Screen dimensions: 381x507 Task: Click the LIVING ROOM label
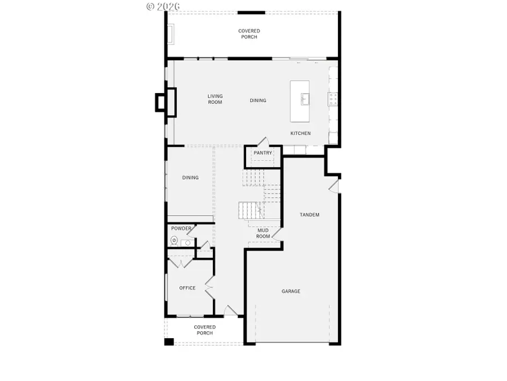click(215, 99)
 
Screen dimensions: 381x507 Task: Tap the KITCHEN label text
click(300, 133)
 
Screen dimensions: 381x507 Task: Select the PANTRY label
click(263, 153)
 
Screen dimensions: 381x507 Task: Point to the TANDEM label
click(309, 214)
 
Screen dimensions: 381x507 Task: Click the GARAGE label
click(291, 291)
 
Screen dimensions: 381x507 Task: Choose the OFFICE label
click(187, 288)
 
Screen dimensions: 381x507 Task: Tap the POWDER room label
click(181, 229)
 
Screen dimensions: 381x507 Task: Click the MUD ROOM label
click(263, 233)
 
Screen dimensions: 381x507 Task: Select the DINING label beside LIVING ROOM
click(258, 100)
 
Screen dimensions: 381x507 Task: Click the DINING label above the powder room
click(190, 178)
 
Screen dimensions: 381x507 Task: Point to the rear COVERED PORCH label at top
click(248, 34)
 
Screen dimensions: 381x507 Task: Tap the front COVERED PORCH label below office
click(204, 330)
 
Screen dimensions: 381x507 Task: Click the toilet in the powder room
click(174, 242)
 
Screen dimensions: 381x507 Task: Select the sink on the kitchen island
click(305, 99)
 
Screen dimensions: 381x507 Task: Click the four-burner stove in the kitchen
click(332, 100)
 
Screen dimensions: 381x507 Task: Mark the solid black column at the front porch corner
click(169, 341)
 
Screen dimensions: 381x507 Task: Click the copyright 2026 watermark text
click(163, 6)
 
